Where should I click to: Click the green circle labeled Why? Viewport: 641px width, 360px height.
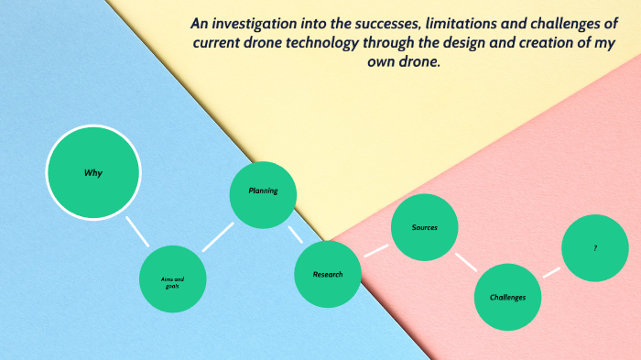(x=93, y=172)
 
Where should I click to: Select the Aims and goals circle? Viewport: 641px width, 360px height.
(x=173, y=278)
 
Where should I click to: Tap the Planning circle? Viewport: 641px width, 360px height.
(x=263, y=193)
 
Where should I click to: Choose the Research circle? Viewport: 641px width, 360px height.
(x=328, y=274)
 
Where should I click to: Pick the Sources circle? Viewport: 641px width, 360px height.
(x=425, y=227)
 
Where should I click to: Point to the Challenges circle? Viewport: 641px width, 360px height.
(x=507, y=297)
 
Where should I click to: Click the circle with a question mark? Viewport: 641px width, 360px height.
(x=595, y=247)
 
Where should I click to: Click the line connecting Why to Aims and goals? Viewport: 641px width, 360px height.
(x=137, y=232)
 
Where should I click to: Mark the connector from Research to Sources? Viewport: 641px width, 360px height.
(x=375, y=249)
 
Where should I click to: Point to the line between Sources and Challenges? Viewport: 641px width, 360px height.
(x=466, y=261)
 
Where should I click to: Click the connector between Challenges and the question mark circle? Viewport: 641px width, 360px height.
(x=551, y=272)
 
